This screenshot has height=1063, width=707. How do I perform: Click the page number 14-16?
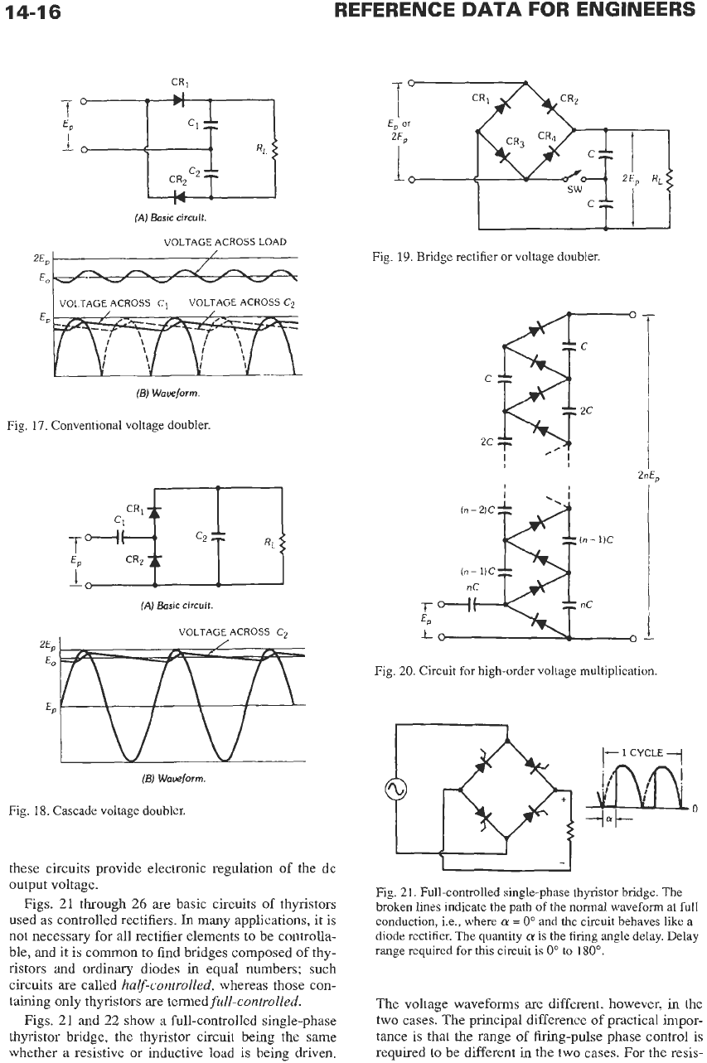[33, 12]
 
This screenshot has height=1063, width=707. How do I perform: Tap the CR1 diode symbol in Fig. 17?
[179, 100]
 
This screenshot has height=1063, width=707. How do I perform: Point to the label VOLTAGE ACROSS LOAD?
[225, 242]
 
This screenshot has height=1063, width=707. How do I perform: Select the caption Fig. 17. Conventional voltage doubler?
[109, 425]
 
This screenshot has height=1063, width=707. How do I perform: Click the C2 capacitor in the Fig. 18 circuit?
[219, 536]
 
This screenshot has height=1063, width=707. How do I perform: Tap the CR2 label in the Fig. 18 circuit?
[133, 559]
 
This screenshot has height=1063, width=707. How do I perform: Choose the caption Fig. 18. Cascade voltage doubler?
[97, 810]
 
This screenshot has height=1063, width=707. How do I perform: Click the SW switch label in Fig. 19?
[574, 190]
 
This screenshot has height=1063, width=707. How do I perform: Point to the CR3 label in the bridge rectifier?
[514, 142]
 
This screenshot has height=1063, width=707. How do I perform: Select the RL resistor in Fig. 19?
[670, 180]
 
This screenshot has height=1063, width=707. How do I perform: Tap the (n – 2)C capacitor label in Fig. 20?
[478, 510]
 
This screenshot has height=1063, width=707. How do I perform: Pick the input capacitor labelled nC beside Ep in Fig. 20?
[472, 604]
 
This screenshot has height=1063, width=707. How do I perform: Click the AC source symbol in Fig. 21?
[395, 790]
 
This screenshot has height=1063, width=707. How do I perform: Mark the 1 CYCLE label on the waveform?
[642, 752]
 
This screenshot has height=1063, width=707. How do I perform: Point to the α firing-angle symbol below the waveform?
[608, 818]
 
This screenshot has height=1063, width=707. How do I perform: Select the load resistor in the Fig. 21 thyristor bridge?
[571, 832]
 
